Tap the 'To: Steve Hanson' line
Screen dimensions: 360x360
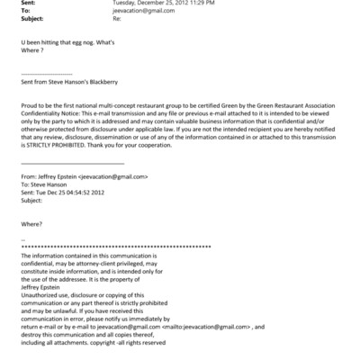[43, 185]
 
